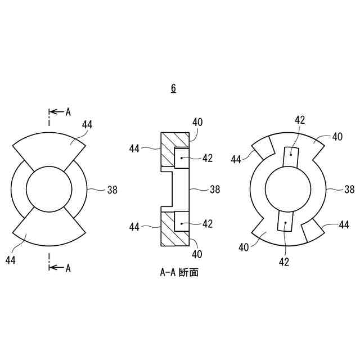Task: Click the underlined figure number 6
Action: [x=173, y=88]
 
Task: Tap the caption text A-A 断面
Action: [x=179, y=273]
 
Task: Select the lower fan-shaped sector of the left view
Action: [x=49, y=231]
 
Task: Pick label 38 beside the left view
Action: [x=112, y=190]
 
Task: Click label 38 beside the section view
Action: [x=214, y=190]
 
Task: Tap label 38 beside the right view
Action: [x=349, y=190]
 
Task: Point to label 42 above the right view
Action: [x=300, y=120]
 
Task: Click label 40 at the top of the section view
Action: [x=197, y=121]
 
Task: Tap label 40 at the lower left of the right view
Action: [x=244, y=246]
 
